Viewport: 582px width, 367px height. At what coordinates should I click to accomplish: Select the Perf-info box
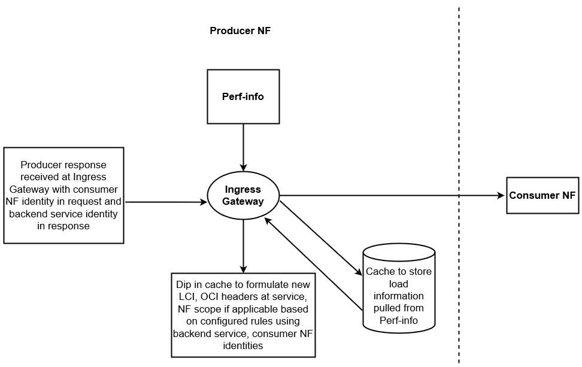click(242, 96)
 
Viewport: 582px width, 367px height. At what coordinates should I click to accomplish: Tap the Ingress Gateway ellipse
click(242, 195)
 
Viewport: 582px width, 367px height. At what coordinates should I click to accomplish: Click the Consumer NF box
click(542, 195)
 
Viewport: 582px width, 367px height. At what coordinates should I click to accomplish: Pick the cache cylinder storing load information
click(399, 287)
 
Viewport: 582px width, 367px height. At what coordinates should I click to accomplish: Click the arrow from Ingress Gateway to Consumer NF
click(389, 195)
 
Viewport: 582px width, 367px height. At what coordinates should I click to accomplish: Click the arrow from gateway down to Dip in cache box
click(242, 245)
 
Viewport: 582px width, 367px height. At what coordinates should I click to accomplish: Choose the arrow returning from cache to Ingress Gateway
click(311, 263)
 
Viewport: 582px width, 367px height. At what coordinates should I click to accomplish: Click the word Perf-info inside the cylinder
click(399, 320)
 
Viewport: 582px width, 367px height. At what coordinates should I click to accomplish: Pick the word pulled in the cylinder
click(386, 308)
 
